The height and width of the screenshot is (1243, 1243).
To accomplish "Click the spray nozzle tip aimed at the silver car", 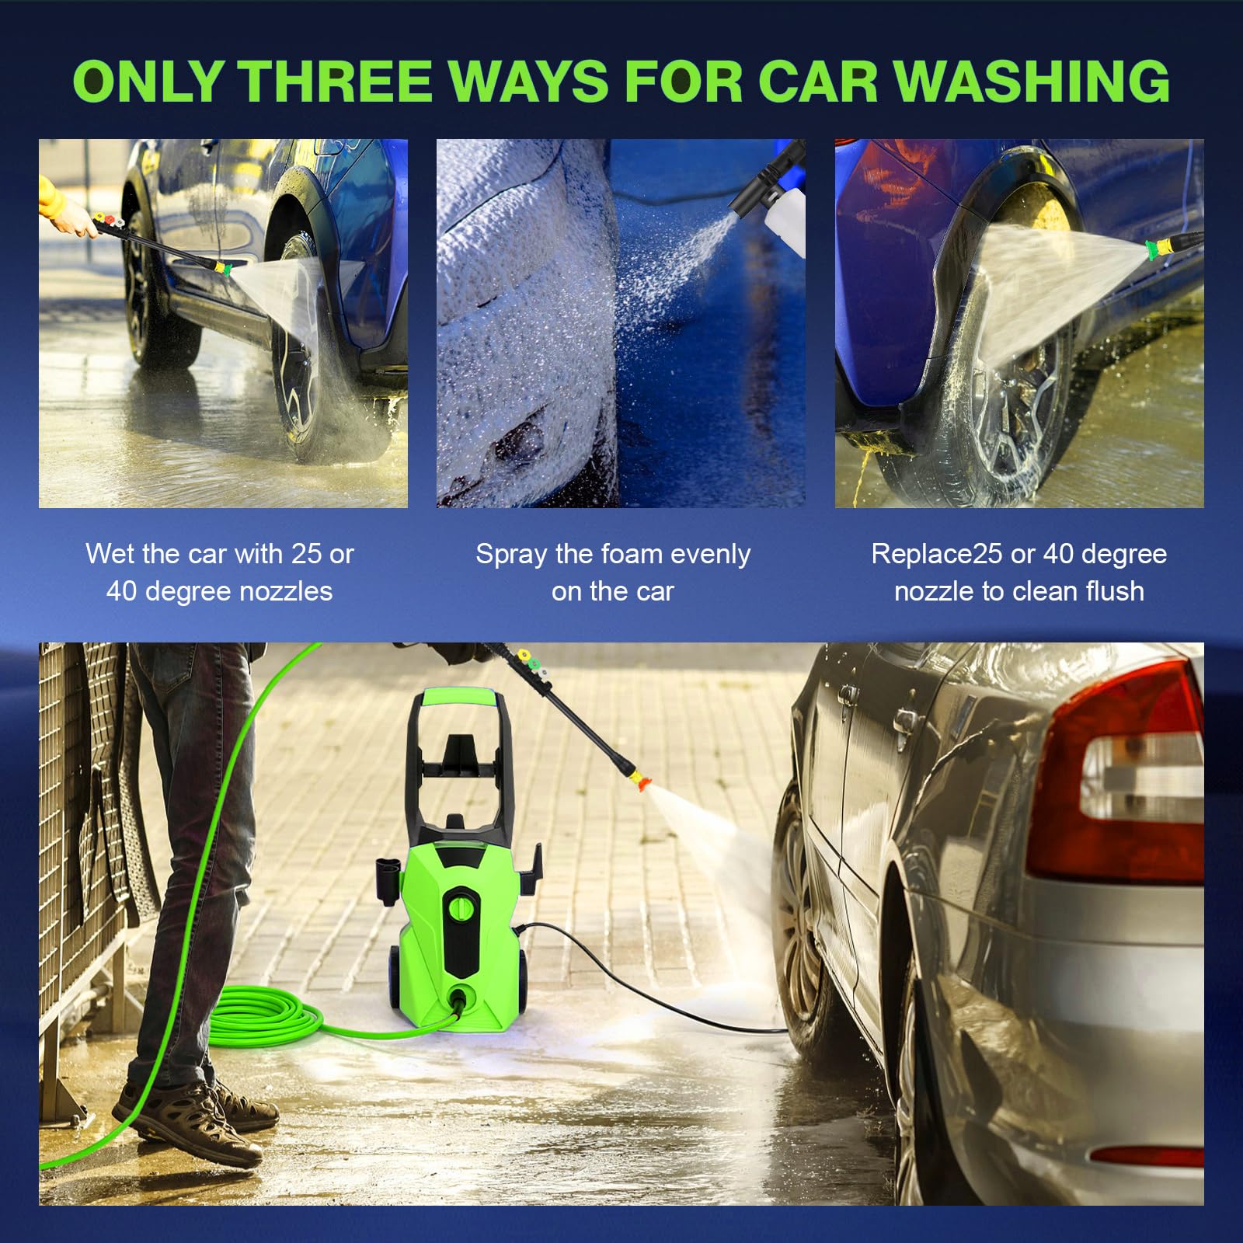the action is click(x=643, y=779).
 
